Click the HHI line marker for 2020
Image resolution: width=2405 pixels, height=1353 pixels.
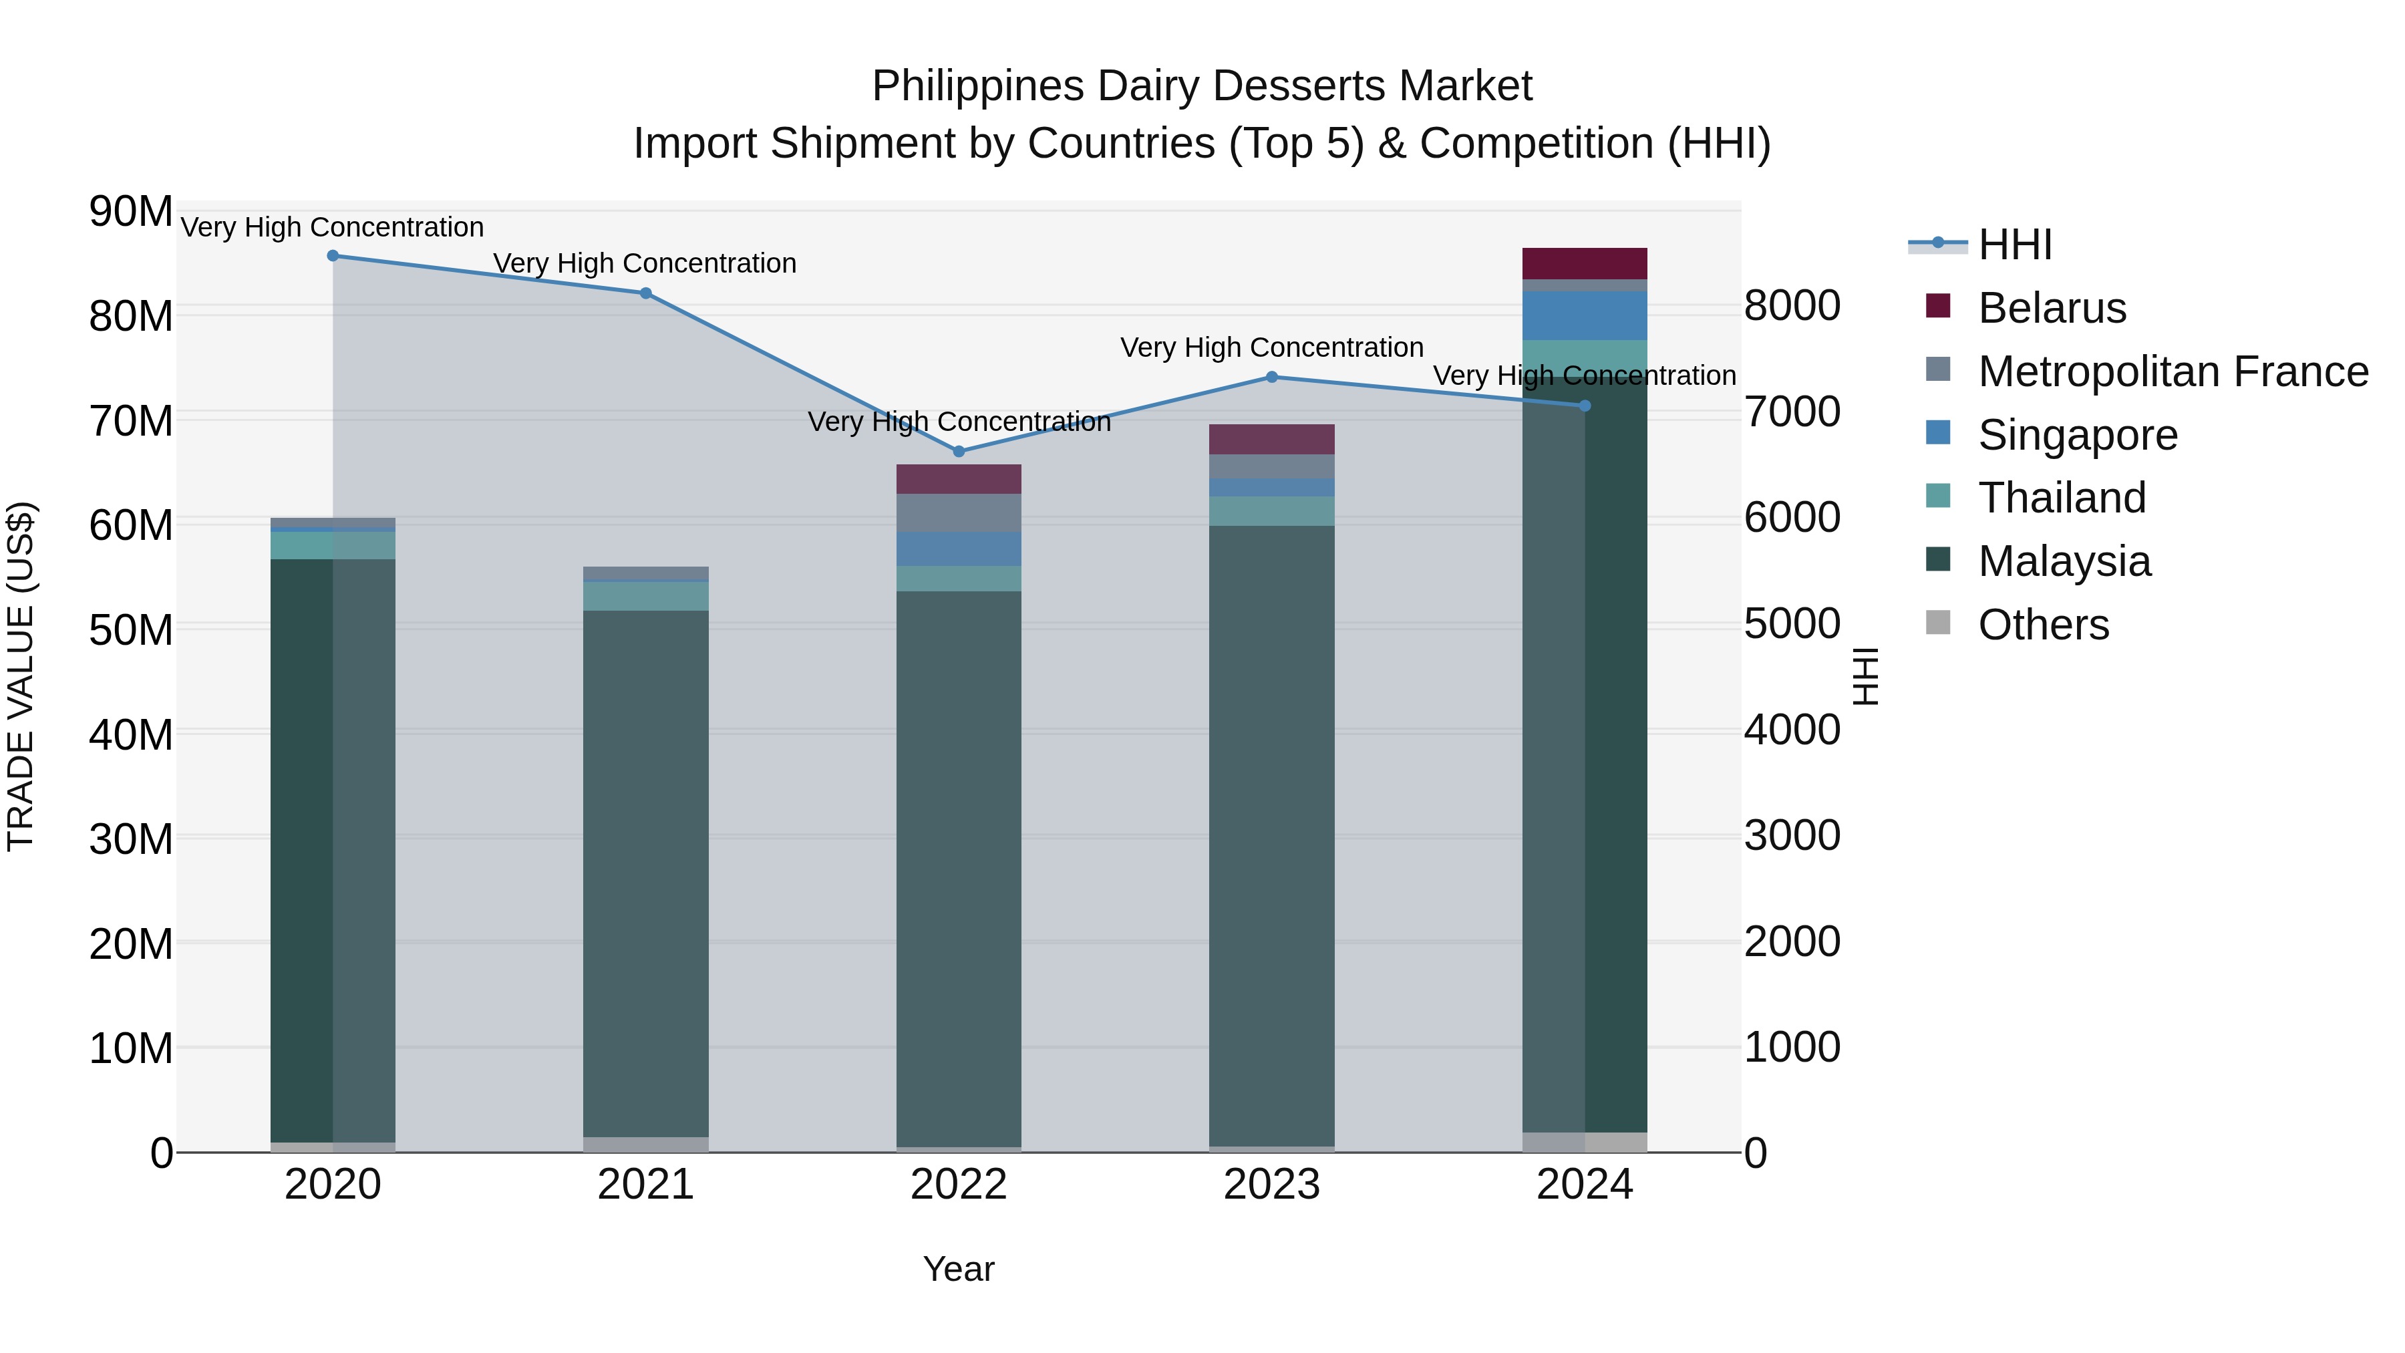pos(333,256)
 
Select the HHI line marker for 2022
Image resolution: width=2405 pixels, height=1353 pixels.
pos(958,451)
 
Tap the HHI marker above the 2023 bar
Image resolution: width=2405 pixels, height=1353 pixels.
pos(1271,378)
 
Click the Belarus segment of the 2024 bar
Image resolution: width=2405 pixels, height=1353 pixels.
pos(1585,263)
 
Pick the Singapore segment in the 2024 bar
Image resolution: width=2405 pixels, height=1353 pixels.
pos(1585,315)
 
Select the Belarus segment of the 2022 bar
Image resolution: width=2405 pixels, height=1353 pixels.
pos(958,479)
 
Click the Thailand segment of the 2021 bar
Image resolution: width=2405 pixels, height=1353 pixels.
pos(645,596)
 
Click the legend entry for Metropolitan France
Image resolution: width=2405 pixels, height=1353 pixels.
pos(2173,371)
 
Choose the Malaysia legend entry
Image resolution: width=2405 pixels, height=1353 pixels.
pos(2064,561)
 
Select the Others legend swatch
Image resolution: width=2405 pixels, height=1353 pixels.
pos(1937,623)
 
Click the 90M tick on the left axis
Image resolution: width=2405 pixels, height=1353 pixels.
pos(131,211)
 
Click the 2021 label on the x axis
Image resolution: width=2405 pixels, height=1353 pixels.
pos(645,1185)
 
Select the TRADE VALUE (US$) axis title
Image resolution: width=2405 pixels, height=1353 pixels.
pos(21,676)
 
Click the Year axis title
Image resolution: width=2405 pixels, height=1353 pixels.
pos(958,1269)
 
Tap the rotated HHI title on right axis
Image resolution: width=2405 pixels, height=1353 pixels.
pos(1865,676)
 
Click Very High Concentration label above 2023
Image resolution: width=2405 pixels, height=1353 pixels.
pos(1271,347)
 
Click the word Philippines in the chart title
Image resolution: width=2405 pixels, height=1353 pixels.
pos(977,86)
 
